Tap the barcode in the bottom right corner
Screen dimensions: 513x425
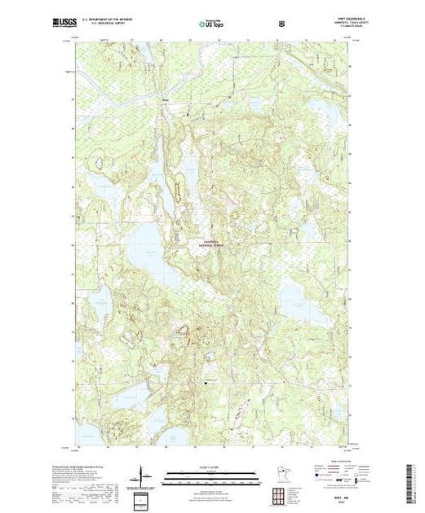point(414,480)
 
